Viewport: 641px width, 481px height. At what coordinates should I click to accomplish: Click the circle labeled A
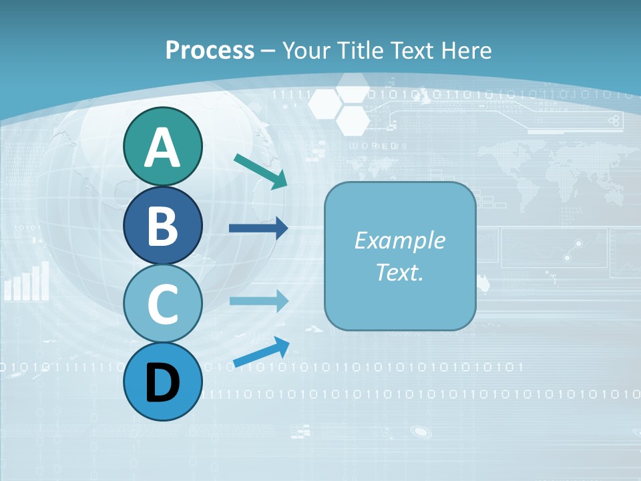[x=162, y=146]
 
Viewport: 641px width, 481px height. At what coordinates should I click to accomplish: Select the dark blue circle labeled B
[x=162, y=225]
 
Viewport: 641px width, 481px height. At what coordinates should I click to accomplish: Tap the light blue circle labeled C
[x=162, y=304]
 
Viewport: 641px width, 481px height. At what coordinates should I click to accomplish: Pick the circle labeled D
[x=162, y=382]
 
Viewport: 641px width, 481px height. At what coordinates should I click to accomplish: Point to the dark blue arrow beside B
[x=258, y=228]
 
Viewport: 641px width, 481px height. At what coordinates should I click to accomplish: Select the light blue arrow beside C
[x=258, y=301]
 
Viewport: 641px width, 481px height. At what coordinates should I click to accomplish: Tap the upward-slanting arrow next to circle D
[x=261, y=353]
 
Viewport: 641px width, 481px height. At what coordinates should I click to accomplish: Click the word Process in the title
[x=210, y=50]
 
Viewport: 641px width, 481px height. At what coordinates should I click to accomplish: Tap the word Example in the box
[x=399, y=240]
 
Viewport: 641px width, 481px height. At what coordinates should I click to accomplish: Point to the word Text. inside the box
[x=399, y=272]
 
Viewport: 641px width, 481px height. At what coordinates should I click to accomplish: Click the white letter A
[x=162, y=148]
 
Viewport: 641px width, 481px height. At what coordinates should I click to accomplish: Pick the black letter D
[x=162, y=383]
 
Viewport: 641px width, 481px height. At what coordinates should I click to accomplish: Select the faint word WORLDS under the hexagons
[x=378, y=146]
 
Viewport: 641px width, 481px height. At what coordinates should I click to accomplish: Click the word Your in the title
[x=304, y=50]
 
